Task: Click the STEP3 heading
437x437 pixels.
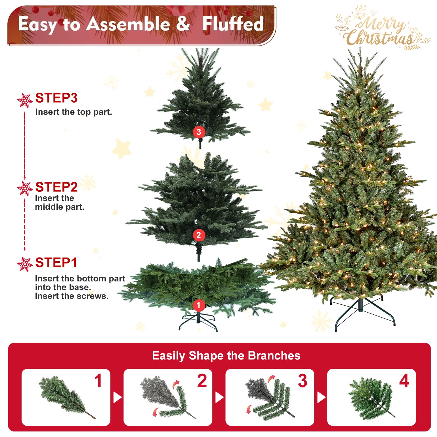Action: click(56, 98)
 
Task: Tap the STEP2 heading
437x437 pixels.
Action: click(56, 187)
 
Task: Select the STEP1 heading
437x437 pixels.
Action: click(56, 262)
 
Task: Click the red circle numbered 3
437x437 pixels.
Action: click(199, 132)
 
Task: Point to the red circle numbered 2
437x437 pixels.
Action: click(199, 235)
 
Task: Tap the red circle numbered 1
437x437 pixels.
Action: click(198, 305)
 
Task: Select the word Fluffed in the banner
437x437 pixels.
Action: click(233, 24)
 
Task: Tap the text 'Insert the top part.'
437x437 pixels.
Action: click(73, 112)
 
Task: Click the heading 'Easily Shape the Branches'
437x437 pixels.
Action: click(226, 356)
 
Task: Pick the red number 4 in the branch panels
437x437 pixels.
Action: click(404, 381)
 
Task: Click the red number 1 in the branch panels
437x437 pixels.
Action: click(98, 381)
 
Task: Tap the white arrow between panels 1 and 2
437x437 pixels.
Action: click(117, 397)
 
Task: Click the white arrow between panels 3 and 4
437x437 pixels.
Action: click(321, 397)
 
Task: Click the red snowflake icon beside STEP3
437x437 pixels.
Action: click(25, 101)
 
